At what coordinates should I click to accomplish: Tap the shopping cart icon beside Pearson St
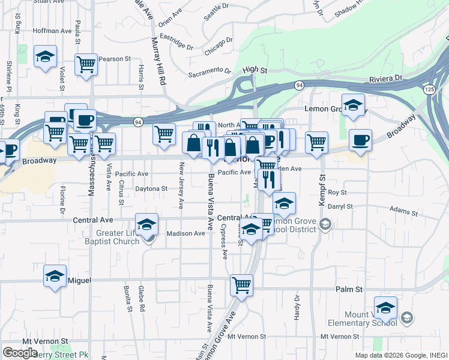(x=86, y=64)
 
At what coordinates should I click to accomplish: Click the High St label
(x=255, y=70)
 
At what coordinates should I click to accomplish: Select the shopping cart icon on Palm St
(x=241, y=286)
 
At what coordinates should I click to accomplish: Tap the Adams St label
(x=403, y=212)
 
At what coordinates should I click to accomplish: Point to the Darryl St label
(x=340, y=206)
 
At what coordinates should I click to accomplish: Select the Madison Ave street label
(x=185, y=233)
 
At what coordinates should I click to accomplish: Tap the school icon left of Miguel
(x=55, y=277)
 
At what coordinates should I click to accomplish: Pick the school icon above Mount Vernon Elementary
(x=385, y=308)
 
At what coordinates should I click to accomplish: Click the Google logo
(x=20, y=352)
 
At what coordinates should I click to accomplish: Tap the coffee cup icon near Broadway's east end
(x=360, y=140)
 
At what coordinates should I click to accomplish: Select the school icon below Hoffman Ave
(x=46, y=58)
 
